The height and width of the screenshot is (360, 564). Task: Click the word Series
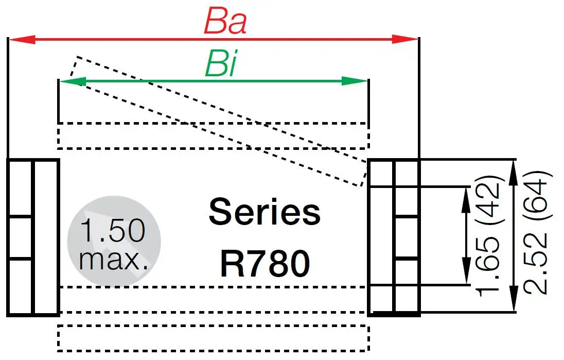click(x=265, y=212)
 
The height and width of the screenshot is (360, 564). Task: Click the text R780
click(x=265, y=264)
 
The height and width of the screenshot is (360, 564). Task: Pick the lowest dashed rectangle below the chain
click(x=213, y=338)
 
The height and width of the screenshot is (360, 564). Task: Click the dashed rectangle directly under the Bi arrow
click(x=213, y=135)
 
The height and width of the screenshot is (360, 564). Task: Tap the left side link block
click(x=33, y=237)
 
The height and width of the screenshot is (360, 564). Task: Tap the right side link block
click(x=395, y=237)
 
